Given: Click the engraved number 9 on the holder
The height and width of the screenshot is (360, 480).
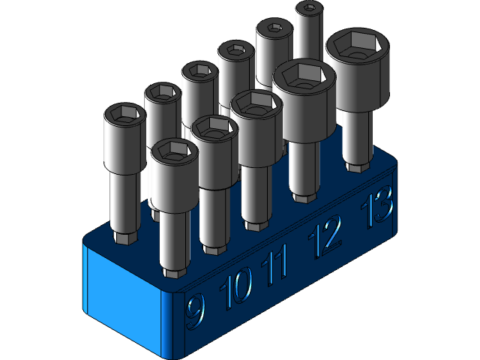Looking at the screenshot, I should point(195,310).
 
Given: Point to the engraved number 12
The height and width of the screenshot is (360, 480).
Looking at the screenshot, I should point(325,234).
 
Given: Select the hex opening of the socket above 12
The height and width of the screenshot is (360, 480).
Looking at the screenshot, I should point(303,74).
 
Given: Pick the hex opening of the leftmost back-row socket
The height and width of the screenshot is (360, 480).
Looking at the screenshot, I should point(124,115).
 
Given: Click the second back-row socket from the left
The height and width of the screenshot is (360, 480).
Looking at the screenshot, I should point(163,112).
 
